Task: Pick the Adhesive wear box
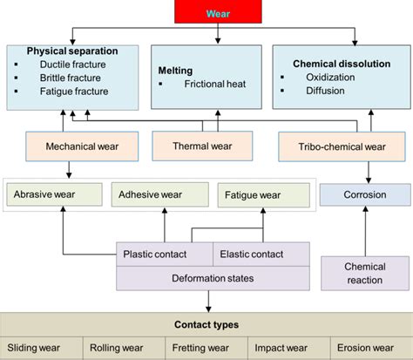(x=159, y=194)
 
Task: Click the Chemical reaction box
(x=364, y=272)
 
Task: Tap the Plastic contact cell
(x=165, y=254)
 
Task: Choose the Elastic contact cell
(x=261, y=254)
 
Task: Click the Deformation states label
(x=212, y=277)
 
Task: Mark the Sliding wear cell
(x=40, y=347)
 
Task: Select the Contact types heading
(x=206, y=324)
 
